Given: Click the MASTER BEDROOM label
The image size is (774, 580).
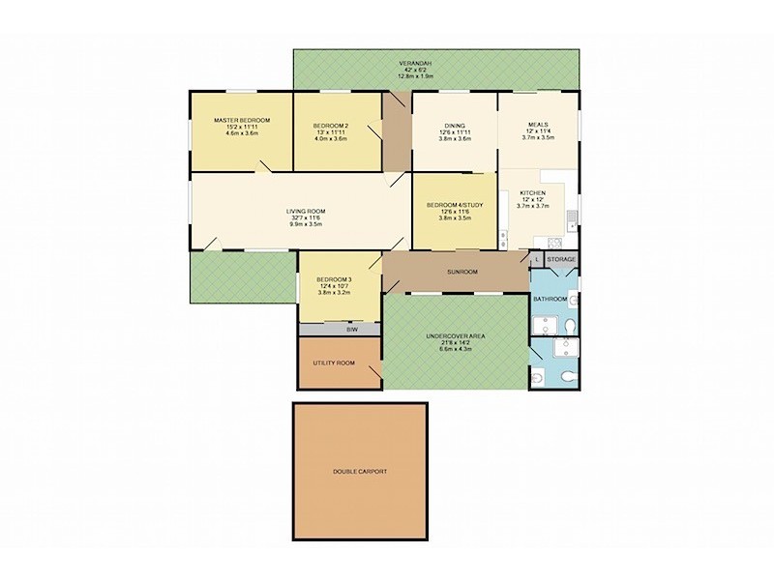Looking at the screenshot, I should pyautogui.click(x=242, y=120).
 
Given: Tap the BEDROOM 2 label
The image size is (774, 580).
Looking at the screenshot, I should pyautogui.click(x=331, y=126).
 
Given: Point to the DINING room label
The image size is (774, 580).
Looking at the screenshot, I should pyautogui.click(x=455, y=126).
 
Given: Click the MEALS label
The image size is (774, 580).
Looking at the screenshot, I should pyautogui.click(x=538, y=125).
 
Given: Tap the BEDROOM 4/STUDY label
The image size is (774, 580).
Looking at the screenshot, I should pyautogui.click(x=455, y=204).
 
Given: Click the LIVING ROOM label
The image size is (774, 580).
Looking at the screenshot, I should pyautogui.click(x=305, y=211).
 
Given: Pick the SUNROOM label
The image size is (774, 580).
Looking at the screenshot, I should pyautogui.click(x=462, y=272).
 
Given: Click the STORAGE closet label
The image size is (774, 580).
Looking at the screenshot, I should pyautogui.click(x=562, y=260).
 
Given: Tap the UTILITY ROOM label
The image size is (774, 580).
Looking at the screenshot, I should pyautogui.click(x=334, y=362).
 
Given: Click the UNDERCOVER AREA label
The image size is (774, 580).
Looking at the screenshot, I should pyautogui.click(x=455, y=335).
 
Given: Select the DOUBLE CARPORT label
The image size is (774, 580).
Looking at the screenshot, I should pyautogui.click(x=359, y=472).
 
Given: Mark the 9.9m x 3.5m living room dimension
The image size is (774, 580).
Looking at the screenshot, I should pyautogui.click(x=305, y=224).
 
